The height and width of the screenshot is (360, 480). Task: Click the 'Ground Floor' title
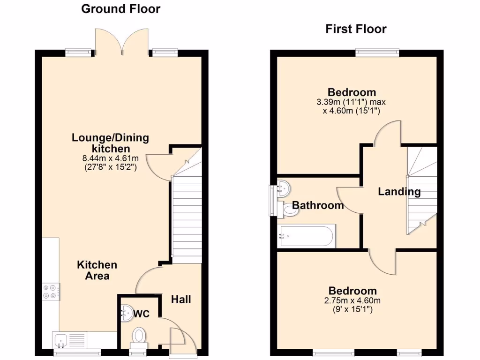(x=120, y=9)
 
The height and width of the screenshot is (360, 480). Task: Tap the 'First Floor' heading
(x=356, y=29)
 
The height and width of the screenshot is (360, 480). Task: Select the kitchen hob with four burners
(x=51, y=292)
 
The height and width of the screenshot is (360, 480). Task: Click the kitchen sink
(x=61, y=339)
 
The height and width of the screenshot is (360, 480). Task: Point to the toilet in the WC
(x=139, y=336)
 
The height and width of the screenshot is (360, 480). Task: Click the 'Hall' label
(x=180, y=299)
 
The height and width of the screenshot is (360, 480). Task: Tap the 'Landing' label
(x=399, y=191)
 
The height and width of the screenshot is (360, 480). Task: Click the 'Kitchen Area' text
(x=97, y=270)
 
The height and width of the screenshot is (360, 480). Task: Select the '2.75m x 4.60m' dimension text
(x=352, y=301)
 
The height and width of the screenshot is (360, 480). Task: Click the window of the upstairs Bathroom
(x=271, y=200)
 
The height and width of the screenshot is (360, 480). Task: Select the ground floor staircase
(x=187, y=216)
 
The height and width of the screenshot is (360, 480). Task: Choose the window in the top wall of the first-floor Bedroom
(x=377, y=52)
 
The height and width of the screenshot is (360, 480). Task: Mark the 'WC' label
(x=142, y=314)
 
